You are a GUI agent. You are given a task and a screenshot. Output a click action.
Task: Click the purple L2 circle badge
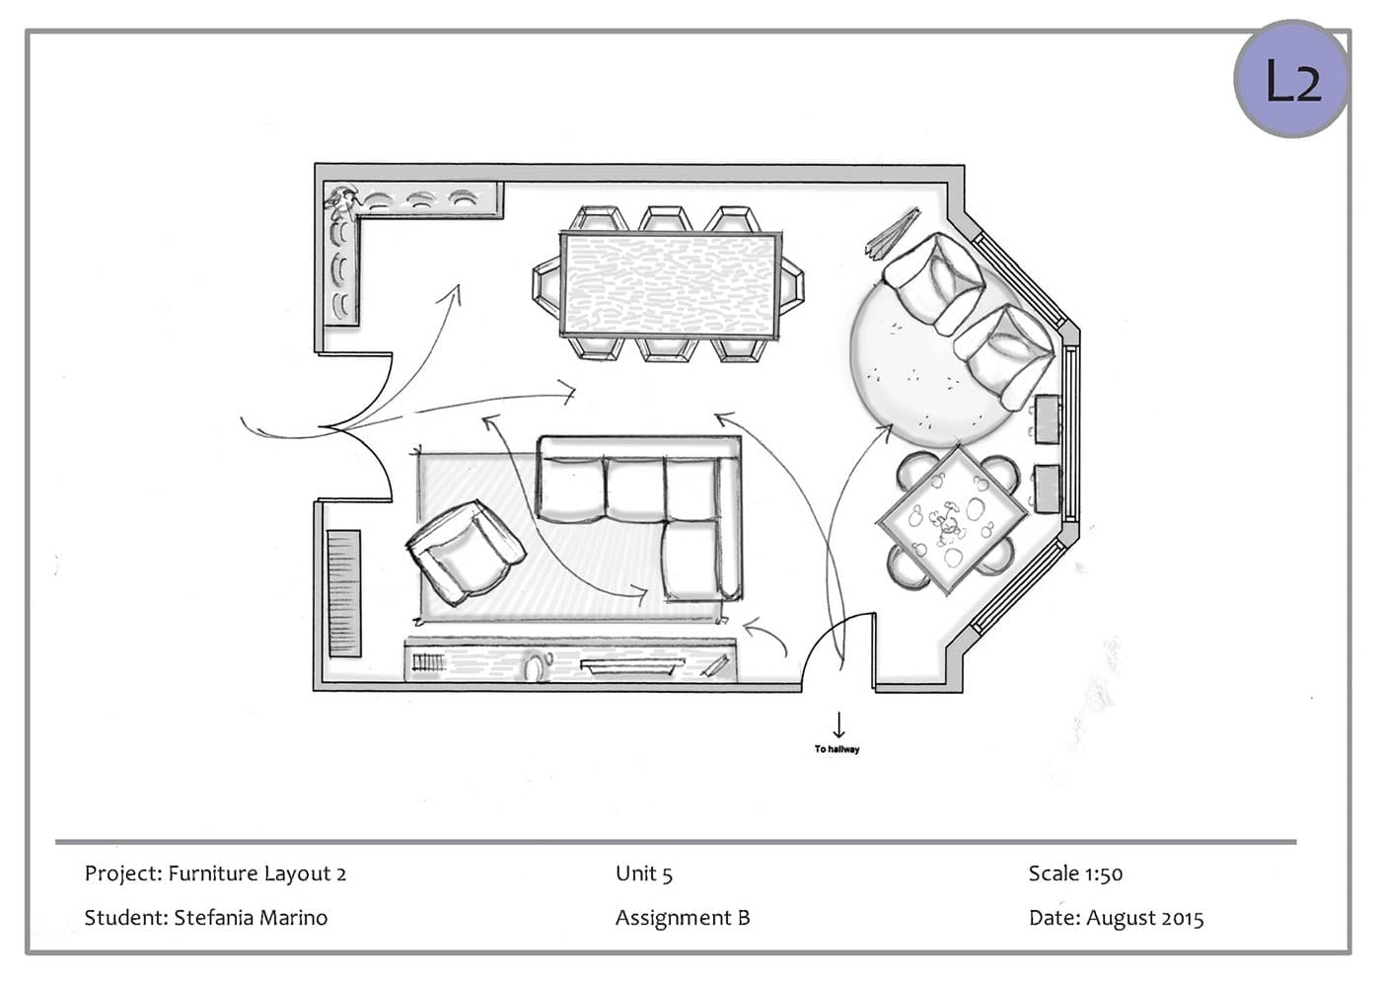(1291, 78)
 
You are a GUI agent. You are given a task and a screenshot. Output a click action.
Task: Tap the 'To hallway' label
(836, 749)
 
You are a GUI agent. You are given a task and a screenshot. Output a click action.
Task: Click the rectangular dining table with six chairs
(669, 284)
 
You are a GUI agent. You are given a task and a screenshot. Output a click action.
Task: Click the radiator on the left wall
(344, 593)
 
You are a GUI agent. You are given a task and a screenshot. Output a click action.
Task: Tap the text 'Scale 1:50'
(1075, 873)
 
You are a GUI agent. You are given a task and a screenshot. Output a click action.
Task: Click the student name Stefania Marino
(251, 918)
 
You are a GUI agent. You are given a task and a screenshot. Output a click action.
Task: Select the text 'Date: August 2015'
(1116, 918)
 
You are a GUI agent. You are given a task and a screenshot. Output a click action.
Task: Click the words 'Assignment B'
(683, 919)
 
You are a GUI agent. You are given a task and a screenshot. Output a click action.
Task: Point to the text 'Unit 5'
(643, 873)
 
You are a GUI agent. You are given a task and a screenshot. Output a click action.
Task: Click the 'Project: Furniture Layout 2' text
(215, 874)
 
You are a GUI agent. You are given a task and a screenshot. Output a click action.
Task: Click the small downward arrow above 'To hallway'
(838, 724)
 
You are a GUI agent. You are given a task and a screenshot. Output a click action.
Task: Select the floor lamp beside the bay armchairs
(892, 232)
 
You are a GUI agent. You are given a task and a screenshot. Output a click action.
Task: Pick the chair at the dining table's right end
(791, 285)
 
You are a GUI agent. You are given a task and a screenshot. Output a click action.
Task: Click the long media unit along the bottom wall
(570, 661)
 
